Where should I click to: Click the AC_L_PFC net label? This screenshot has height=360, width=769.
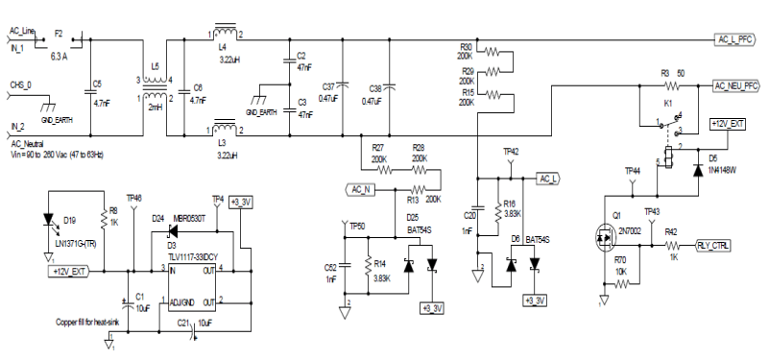738,39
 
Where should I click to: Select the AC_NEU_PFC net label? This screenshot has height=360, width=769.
739,85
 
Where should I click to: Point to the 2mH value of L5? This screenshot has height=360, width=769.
156,107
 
